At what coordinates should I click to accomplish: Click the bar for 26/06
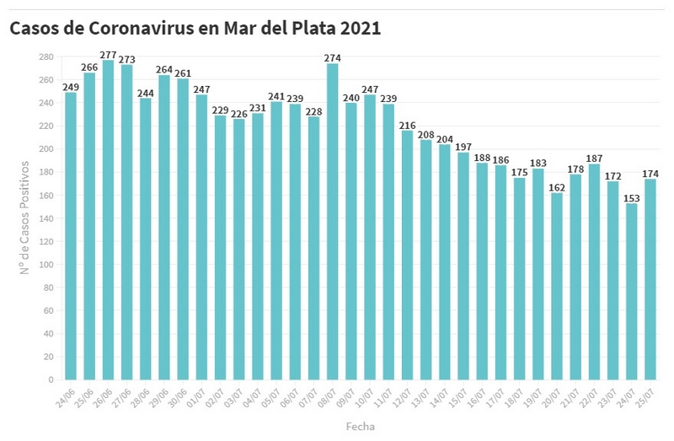(x=108, y=219)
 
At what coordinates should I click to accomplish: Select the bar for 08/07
(x=332, y=221)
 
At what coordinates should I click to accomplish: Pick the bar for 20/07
(x=557, y=286)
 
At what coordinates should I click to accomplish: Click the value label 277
(x=108, y=55)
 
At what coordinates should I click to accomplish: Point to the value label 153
(x=631, y=197)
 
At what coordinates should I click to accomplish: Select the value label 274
(x=332, y=58)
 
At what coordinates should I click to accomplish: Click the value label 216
(x=407, y=125)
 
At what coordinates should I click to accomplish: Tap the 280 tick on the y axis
(x=46, y=56)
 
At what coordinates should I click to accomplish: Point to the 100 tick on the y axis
(x=46, y=264)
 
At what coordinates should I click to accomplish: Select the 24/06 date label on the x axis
(x=66, y=395)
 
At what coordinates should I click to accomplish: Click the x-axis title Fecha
(x=360, y=426)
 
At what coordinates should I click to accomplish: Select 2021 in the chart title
(x=361, y=28)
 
